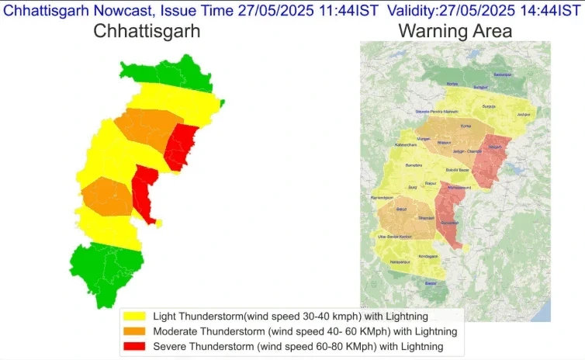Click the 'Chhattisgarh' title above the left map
147,31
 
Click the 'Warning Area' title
455,31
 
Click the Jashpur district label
524,115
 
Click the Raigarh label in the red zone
496,147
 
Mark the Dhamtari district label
426,219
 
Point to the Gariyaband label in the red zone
449,223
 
